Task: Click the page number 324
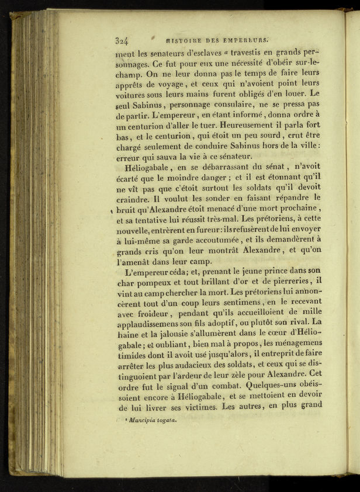(122, 40)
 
